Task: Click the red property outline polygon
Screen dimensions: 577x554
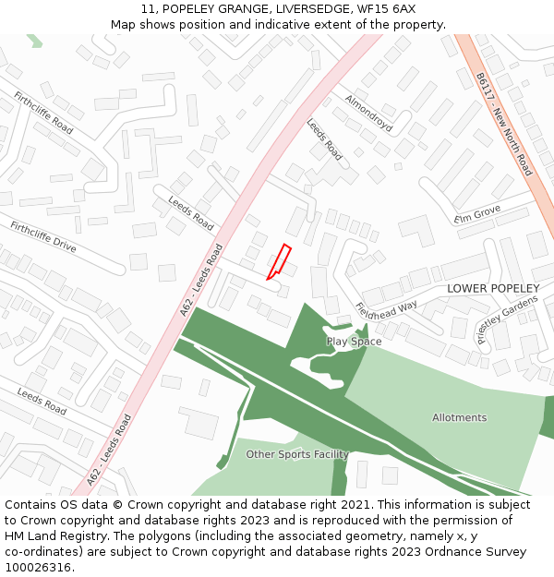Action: [x=280, y=261]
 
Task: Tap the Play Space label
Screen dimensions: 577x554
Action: [x=354, y=342]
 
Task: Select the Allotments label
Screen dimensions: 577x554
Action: [x=459, y=417]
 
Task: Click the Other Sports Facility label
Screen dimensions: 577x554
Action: [x=296, y=454]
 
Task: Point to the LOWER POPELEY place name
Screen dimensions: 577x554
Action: [x=493, y=289]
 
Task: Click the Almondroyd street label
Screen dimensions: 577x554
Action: [x=368, y=113]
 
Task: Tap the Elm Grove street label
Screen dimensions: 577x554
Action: [x=477, y=213]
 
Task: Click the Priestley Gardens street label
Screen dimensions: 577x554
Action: [x=507, y=319]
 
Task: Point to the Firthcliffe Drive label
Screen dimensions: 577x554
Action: [x=43, y=237]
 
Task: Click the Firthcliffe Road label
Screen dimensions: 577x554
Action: [x=43, y=113]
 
